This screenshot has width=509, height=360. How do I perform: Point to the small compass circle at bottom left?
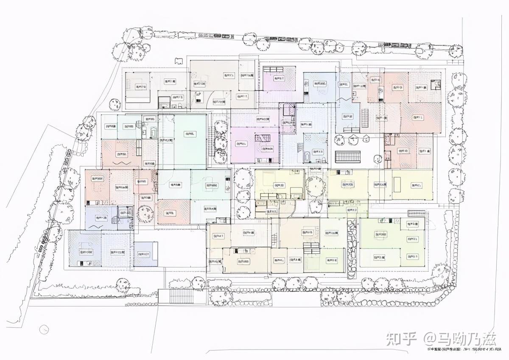click(x=44, y=329)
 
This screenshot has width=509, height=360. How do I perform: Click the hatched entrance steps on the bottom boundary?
click(x=182, y=296)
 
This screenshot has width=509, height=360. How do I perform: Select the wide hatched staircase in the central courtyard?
click(x=347, y=157)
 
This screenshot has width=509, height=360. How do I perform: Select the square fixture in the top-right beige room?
click(x=436, y=84)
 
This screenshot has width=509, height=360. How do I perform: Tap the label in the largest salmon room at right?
click(x=418, y=117)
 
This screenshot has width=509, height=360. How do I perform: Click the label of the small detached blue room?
click(x=144, y=254)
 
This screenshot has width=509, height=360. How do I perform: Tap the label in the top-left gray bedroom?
click(x=141, y=87)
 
